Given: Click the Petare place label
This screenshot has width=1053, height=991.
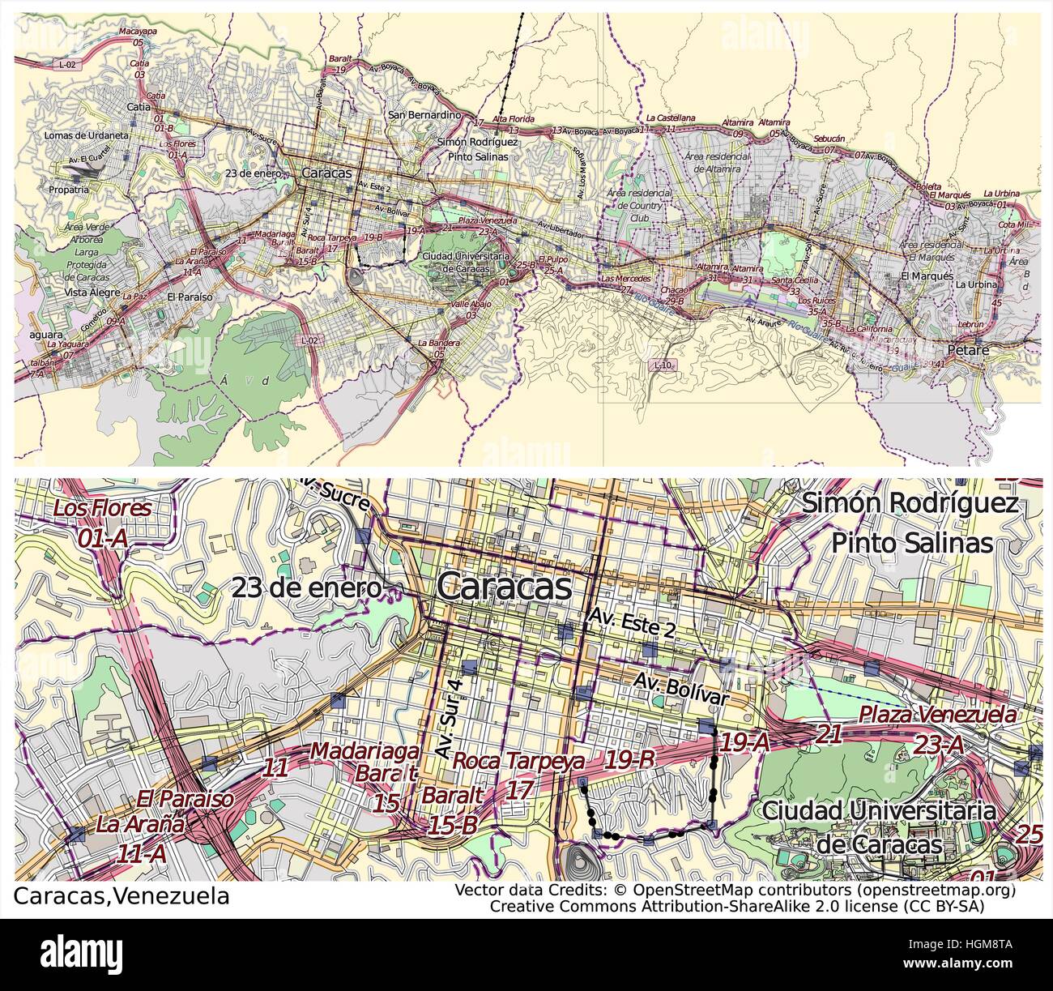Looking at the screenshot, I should click(970, 351).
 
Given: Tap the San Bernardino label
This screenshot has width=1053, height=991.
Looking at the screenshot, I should click(424, 115).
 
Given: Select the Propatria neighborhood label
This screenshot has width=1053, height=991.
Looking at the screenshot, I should click(68, 190).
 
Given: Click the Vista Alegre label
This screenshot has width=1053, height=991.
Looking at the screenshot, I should click(92, 293).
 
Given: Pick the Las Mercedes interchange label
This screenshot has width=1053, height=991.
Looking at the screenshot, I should click(625, 279).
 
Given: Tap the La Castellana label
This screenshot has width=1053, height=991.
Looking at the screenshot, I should click(670, 118).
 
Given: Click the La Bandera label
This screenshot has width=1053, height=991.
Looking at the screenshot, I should click(439, 344).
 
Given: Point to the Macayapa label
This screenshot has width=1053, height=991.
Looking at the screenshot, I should click(138, 32).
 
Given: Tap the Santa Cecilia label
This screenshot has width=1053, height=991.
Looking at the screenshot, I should click(794, 280).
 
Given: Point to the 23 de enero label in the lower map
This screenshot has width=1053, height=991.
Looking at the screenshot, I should click(306, 588).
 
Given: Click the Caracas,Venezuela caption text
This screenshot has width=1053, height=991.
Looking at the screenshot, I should click(122, 896).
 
